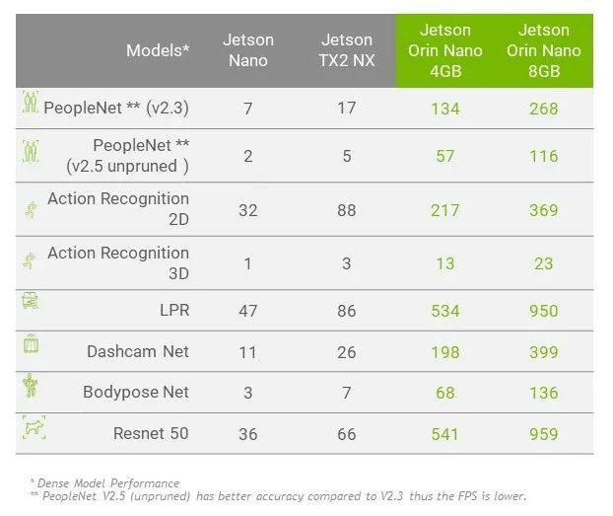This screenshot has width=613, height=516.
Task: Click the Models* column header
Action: (x=158, y=50)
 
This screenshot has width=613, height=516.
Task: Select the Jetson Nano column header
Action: (x=248, y=50)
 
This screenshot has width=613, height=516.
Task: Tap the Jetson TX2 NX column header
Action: (x=347, y=50)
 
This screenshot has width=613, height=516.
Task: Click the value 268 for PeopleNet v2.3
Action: (x=544, y=109)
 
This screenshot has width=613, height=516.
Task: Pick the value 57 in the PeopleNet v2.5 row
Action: (x=445, y=156)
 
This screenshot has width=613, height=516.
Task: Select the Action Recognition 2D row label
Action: (x=117, y=209)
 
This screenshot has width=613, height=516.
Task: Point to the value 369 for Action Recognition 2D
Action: (x=544, y=210)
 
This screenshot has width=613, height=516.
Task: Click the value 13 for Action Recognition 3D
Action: (x=445, y=264)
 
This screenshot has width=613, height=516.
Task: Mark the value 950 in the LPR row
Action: (x=544, y=312)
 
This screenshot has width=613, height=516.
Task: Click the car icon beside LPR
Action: (x=31, y=303)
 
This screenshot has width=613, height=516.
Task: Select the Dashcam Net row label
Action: (x=138, y=351)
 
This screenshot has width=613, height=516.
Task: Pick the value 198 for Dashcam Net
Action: (x=445, y=352)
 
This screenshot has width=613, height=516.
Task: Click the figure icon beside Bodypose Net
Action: (x=31, y=385)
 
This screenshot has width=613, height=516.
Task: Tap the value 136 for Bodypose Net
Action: (x=544, y=393)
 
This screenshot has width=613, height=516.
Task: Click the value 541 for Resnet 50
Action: (x=445, y=434)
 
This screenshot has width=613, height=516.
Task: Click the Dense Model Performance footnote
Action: (x=106, y=483)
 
